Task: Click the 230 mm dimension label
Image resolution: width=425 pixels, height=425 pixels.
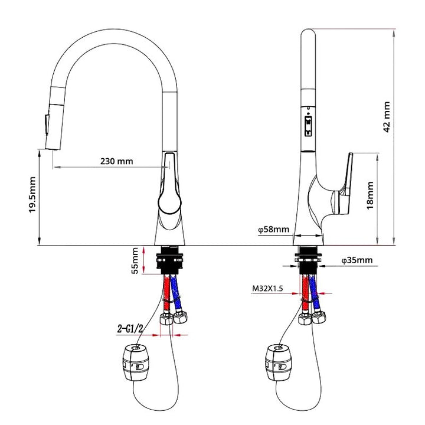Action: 116,161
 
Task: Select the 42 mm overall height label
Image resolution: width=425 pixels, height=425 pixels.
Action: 387,118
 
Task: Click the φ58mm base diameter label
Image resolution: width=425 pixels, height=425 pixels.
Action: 273,230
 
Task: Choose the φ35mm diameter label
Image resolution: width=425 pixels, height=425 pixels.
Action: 357,260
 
